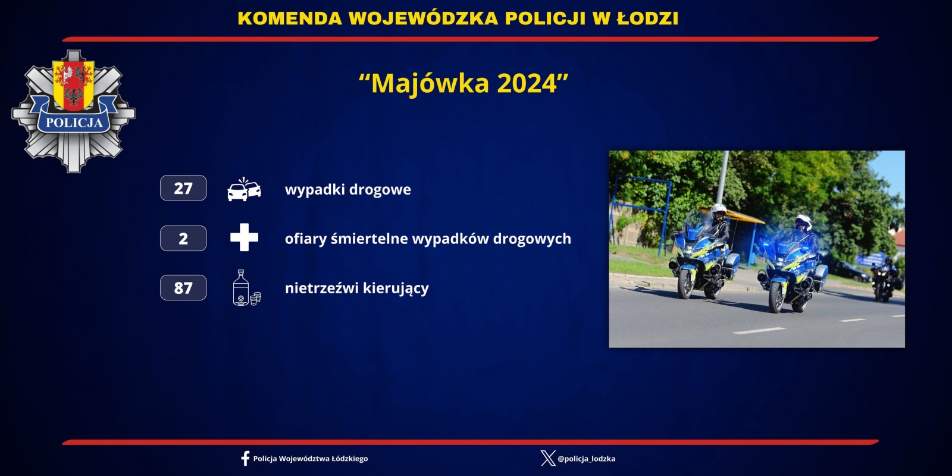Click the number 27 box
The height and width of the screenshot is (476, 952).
click(x=183, y=188)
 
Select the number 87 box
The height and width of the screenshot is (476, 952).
click(x=183, y=288)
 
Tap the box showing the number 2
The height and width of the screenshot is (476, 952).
click(x=183, y=238)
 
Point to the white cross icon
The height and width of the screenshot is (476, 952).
click(x=244, y=237)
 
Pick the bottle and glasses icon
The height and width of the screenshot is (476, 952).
click(x=246, y=287)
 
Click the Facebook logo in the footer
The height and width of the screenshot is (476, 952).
click(x=245, y=459)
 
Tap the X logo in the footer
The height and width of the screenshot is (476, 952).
click(x=548, y=459)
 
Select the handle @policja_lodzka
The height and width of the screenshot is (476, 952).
click(x=587, y=459)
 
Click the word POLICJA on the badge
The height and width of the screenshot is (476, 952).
click(x=74, y=123)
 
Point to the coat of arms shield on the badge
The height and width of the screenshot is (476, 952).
click(x=74, y=85)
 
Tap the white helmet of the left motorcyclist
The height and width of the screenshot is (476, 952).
click(x=719, y=210)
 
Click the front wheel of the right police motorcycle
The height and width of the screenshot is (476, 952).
click(x=776, y=297)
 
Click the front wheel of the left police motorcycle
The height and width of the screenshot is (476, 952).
click(x=685, y=283)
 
